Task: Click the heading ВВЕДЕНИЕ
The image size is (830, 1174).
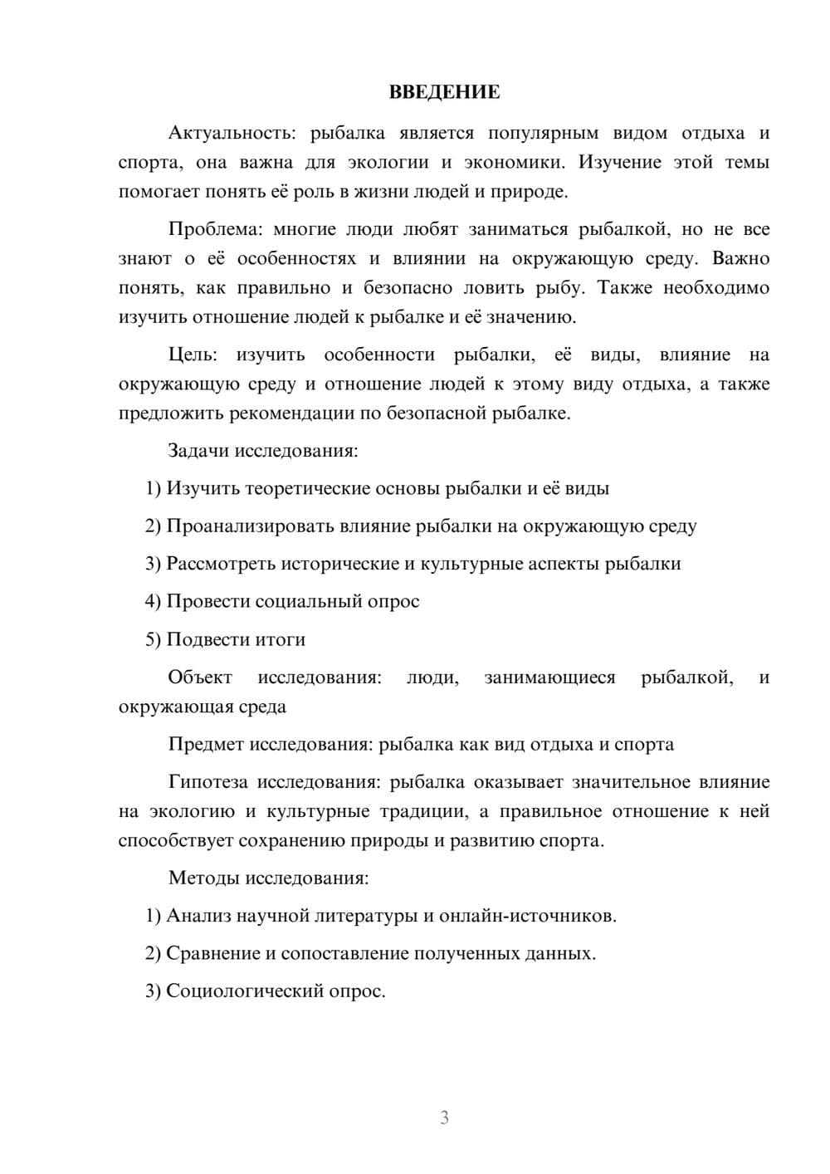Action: click(444, 92)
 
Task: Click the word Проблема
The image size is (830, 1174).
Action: click(214, 229)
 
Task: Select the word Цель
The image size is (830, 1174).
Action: click(193, 355)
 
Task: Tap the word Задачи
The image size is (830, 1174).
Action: click(199, 451)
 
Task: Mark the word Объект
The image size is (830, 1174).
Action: click(200, 677)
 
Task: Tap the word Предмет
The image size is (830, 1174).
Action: click(207, 744)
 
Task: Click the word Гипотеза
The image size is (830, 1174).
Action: click(210, 782)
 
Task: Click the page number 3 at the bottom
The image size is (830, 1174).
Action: click(445, 1118)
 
